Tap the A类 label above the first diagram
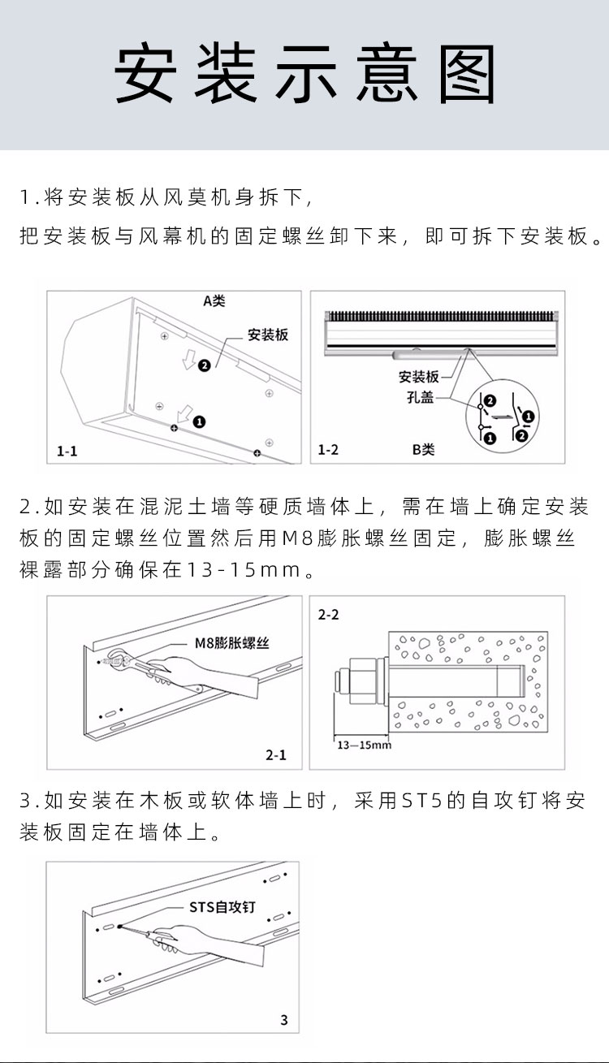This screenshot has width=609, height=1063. (214, 300)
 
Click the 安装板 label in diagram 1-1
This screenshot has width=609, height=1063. (268, 335)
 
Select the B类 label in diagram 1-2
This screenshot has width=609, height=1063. (423, 449)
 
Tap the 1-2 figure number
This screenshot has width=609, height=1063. (328, 449)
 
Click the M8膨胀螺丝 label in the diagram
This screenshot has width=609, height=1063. (232, 643)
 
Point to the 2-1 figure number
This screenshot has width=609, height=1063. (276, 755)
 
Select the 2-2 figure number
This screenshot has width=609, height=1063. (328, 615)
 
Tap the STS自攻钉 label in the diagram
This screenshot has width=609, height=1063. (222, 907)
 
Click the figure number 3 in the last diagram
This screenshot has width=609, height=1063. (283, 1020)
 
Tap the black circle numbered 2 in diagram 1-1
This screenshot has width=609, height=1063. (204, 365)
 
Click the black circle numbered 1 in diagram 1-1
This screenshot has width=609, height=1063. (199, 421)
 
